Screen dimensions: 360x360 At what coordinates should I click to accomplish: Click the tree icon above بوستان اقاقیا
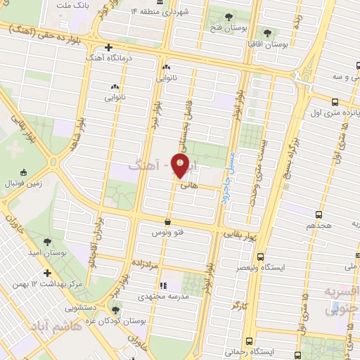click(266, 32)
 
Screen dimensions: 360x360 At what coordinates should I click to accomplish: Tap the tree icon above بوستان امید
click(47, 242)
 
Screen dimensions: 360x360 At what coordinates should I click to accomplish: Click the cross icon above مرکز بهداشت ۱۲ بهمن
click(47, 273)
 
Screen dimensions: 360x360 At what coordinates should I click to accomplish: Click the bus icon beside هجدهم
click(319, 214)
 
